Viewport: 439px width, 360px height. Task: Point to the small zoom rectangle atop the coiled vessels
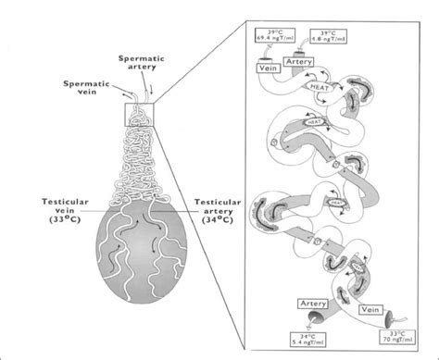pos(138,115)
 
